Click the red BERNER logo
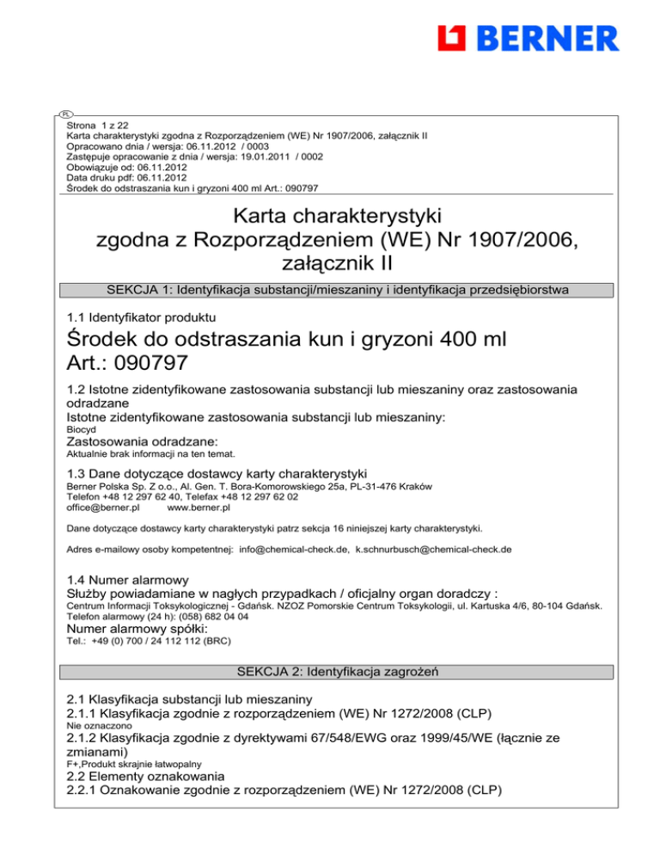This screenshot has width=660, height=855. tap(528, 38)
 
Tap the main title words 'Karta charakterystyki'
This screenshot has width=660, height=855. tap(329, 212)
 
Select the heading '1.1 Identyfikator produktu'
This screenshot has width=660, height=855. tap(140, 318)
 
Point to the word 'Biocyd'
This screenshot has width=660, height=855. tap(80, 427)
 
